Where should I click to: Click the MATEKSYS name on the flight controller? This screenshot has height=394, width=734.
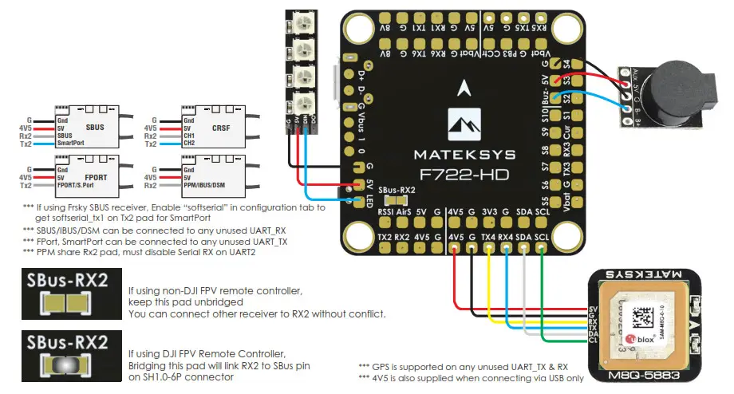point(464,153)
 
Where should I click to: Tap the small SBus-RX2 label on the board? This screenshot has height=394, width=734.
point(397,190)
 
